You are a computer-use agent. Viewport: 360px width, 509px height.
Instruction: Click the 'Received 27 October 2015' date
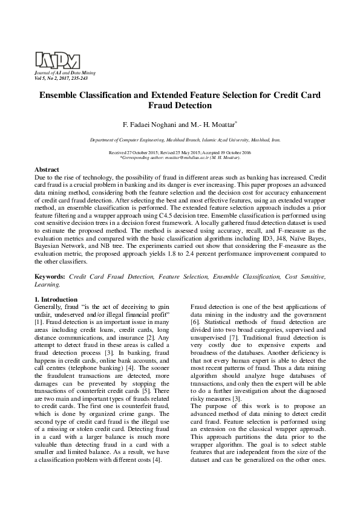(x=131, y=153)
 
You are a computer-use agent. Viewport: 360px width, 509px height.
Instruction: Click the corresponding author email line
(x=180, y=158)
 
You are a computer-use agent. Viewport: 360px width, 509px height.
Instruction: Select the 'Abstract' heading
(x=47, y=170)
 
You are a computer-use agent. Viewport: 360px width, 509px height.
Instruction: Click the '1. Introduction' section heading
(x=56, y=300)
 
